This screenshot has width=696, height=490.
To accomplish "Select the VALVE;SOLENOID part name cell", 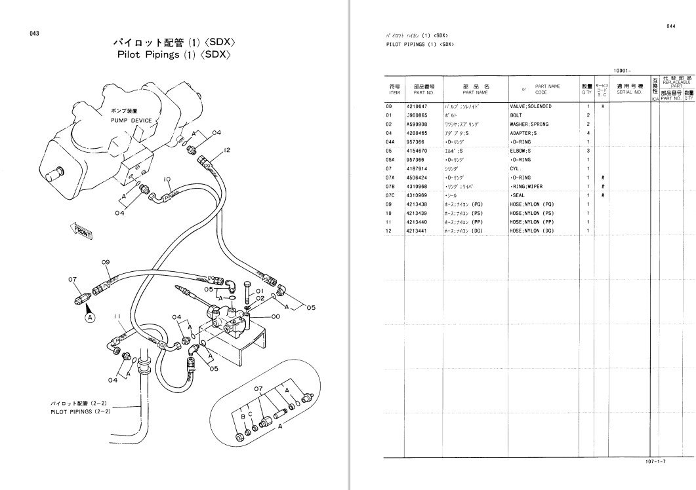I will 531,106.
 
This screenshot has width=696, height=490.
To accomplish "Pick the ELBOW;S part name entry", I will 523,151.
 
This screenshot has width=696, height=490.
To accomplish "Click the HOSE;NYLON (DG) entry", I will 532,231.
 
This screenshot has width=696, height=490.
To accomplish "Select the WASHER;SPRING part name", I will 529,124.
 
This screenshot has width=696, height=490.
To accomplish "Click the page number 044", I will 670,26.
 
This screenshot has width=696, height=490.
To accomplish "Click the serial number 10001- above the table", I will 621,70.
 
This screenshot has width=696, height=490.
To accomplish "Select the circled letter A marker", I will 91,317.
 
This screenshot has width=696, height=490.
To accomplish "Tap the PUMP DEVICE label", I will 131,121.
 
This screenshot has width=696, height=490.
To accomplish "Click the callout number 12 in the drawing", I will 227,150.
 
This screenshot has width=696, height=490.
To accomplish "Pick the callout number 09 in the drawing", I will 105,262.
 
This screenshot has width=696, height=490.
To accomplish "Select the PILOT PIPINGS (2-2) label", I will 80,412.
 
